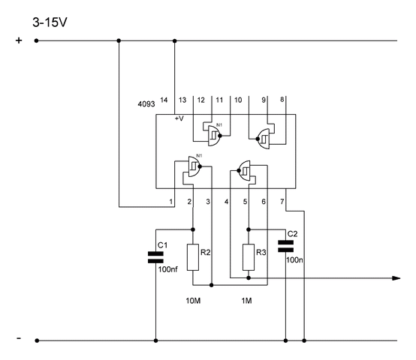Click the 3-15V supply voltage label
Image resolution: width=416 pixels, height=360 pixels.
50,22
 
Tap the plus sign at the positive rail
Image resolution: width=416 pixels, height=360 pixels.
19,40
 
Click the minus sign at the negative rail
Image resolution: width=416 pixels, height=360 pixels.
19,338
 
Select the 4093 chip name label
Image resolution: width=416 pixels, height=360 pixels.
146,104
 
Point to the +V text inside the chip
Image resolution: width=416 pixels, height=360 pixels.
179,118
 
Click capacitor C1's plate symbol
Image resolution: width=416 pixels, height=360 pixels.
155,257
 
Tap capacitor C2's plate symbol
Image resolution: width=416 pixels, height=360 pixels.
286,246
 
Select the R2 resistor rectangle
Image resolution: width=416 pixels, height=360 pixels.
193,257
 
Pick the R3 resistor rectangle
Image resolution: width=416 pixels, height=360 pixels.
249,257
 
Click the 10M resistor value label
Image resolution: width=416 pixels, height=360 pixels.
193,301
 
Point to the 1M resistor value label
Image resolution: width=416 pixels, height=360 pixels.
246,301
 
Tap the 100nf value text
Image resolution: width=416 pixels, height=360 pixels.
168,269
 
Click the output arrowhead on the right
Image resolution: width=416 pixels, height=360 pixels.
396,278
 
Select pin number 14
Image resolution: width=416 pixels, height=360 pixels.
164,100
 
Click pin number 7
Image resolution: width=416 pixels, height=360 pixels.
282,202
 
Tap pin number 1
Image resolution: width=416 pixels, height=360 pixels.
171,202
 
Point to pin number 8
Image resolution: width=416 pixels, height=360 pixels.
282,100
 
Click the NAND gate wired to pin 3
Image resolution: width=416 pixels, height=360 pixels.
194,166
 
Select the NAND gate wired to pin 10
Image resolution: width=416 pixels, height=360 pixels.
214,136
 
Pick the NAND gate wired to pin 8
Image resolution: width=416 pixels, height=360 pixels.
263,139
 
